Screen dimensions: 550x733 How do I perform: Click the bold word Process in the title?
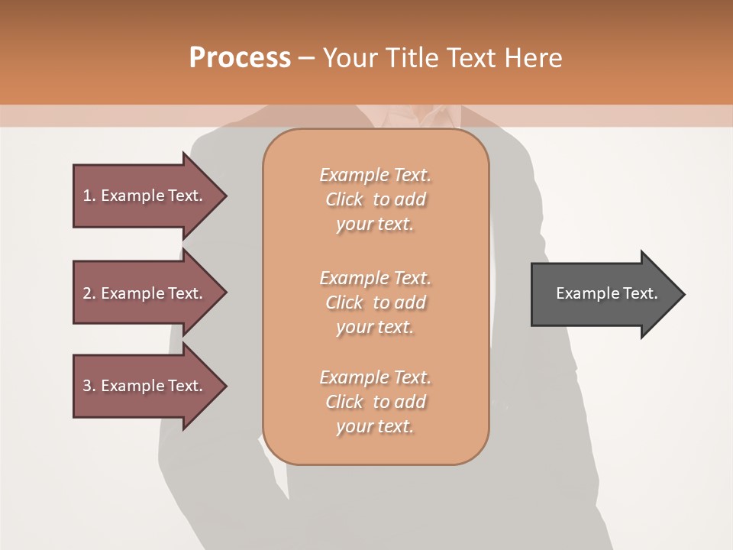point(240,58)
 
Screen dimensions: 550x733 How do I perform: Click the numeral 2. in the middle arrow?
point(89,293)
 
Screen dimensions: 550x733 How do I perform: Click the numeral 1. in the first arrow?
point(89,196)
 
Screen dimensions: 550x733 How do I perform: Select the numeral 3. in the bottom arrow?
point(89,386)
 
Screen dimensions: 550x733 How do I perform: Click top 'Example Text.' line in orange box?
point(375,175)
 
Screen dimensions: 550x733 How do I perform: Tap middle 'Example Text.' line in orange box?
point(375,277)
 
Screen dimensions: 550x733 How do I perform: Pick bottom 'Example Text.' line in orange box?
point(375,377)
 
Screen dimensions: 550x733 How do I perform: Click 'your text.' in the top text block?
point(375,225)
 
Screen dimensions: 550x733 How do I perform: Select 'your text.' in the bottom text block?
point(375,427)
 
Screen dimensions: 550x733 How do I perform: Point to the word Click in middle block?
point(344,302)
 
